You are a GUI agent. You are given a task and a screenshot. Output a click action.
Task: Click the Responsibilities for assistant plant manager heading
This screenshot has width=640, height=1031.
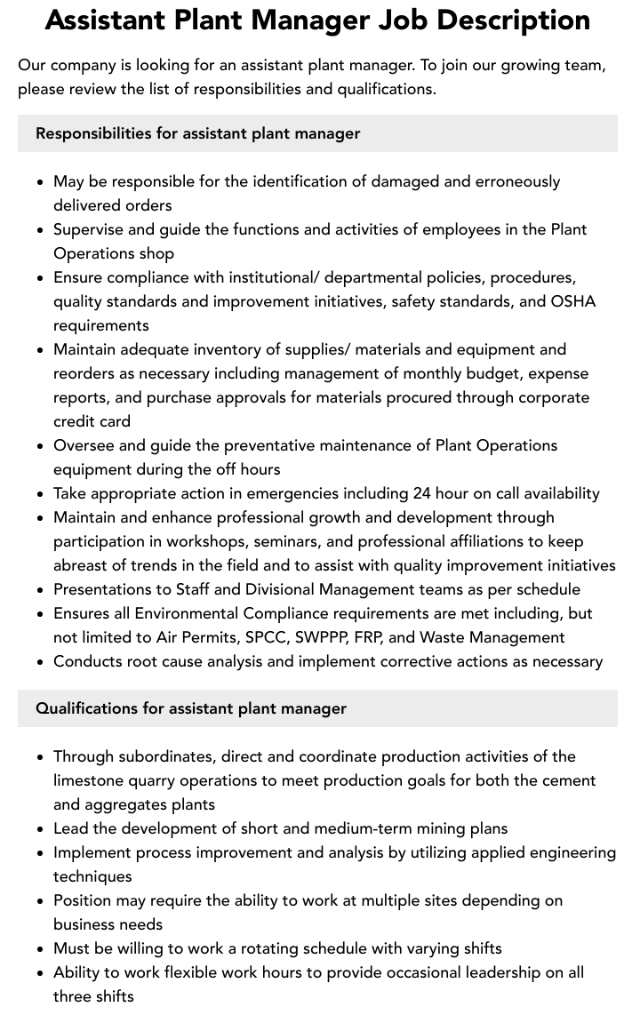197,133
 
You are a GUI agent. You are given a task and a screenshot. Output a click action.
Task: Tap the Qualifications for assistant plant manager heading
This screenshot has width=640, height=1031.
191,708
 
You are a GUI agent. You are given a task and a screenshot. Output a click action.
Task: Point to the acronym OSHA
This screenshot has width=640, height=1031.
573,301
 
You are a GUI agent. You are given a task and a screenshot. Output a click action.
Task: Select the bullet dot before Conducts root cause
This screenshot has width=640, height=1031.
40,662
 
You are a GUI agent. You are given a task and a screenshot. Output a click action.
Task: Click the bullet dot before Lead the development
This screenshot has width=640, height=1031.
40,829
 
